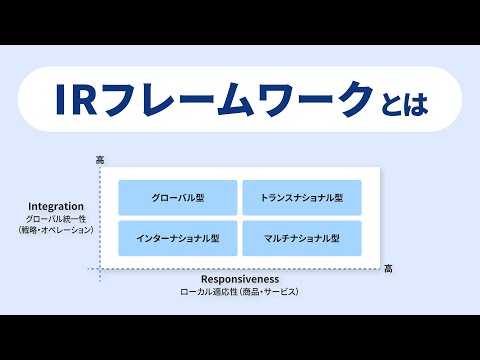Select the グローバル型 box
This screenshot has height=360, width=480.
(x=178, y=198)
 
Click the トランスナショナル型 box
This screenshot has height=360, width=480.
(x=301, y=198)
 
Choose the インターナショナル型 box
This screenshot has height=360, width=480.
(x=178, y=238)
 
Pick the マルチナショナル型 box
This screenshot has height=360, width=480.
(x=301, y=238)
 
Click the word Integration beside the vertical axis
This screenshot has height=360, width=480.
(x=55, y=206)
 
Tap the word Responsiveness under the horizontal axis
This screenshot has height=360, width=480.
(x=239, y=279)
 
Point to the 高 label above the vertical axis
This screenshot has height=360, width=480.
(x=100, y=160)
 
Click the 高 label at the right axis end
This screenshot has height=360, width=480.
(x=388, y=268)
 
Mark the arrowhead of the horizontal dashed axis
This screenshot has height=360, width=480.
(x=378, y=269)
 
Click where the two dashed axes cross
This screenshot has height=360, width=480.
(x=100, y=269)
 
